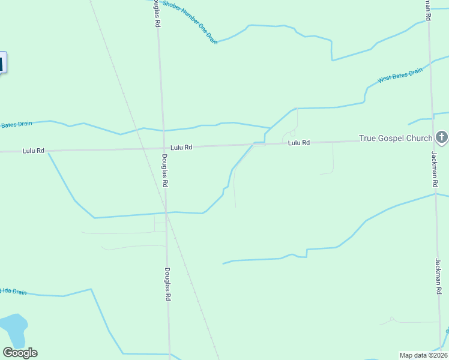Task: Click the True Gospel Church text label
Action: pos(396,139)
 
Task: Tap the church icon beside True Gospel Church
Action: pos(442,138)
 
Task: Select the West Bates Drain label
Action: pos(400,76)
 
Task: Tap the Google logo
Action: pos(20,353)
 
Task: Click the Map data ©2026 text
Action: pos(424,355)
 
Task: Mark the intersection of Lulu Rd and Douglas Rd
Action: pos(163,147)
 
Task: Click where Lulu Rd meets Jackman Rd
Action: pos(431,141)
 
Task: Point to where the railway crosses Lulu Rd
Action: pos(142,148)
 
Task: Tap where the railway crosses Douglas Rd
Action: pos(167,213)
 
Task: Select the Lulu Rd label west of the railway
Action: pos(34,151)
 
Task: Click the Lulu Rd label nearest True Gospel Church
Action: pos(298,143)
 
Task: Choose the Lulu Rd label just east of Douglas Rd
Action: pos(181,147)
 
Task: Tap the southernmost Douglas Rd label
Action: pos(168,284)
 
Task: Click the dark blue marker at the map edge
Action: pos(2,62)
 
